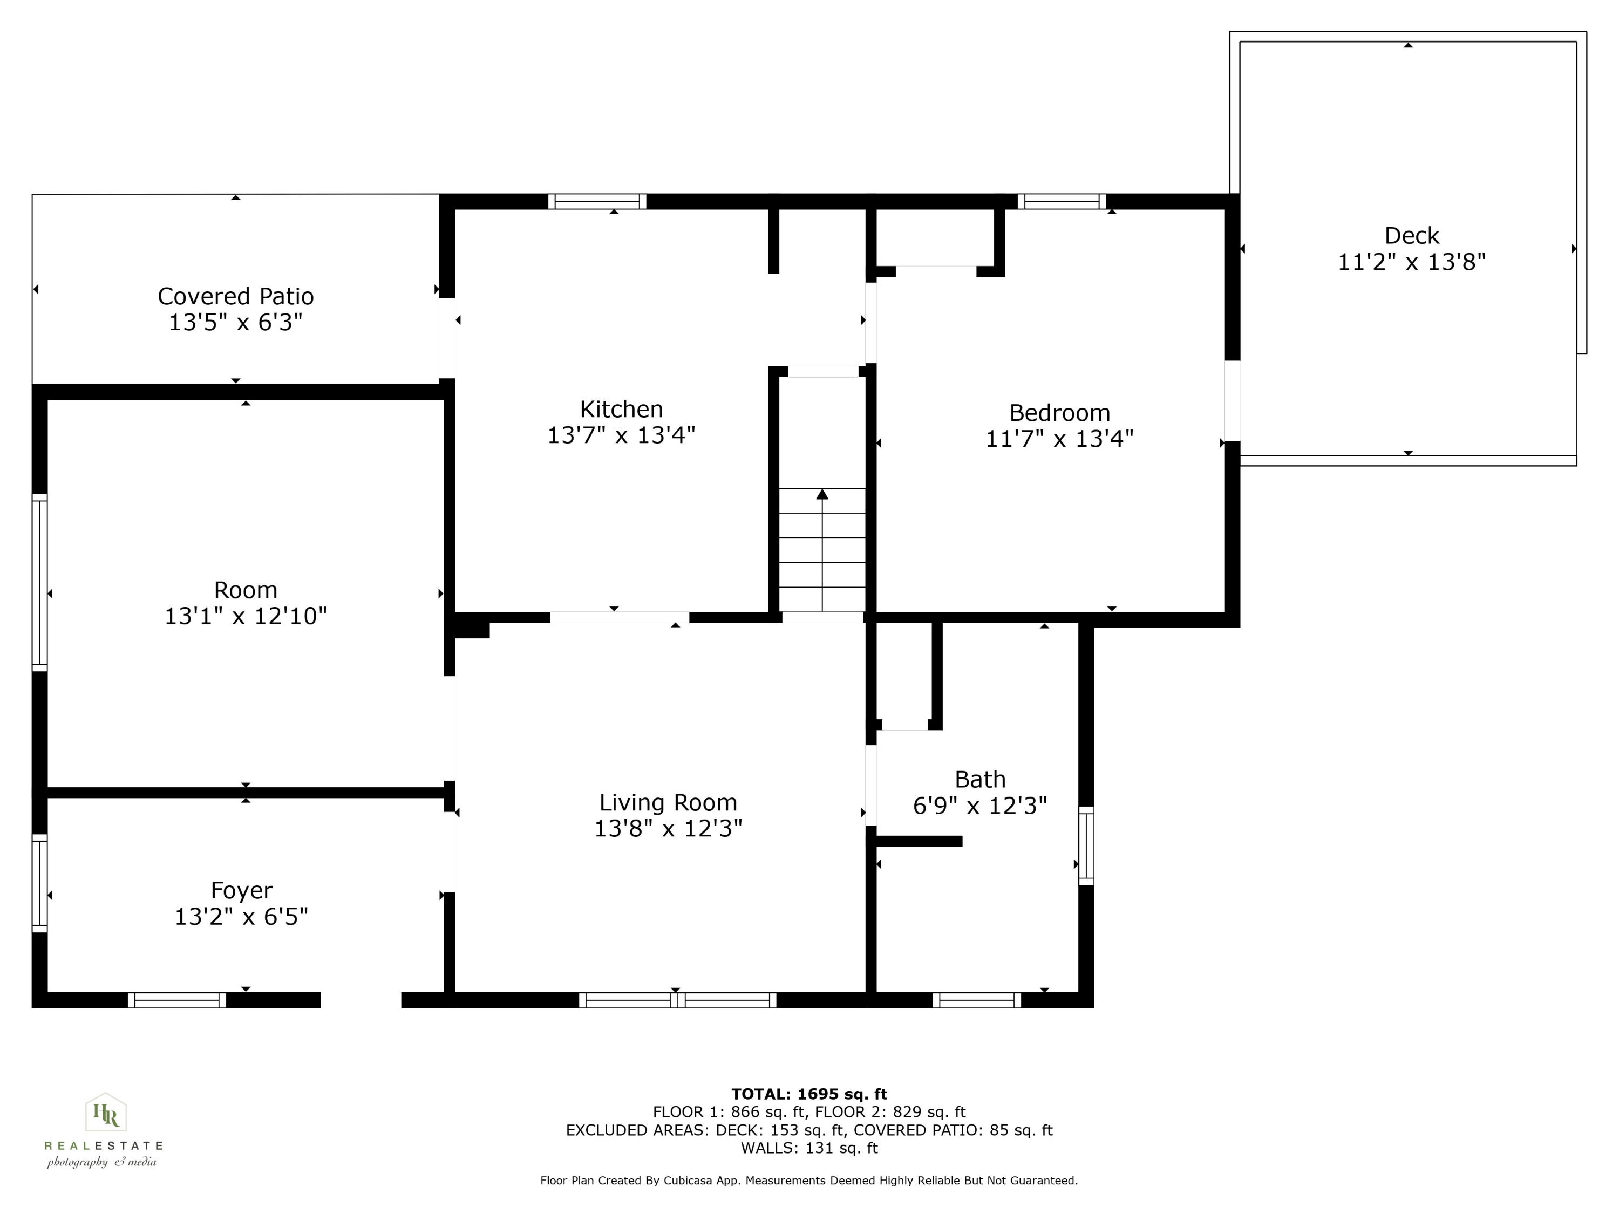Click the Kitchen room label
621,408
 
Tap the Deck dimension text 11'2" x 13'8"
1411,262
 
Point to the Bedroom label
1059,412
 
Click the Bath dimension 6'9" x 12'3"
979,806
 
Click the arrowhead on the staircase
822,495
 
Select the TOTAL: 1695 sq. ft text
809,1094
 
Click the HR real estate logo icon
106,1115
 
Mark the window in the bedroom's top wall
1062,201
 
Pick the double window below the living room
677,1000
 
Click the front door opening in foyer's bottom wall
361,1000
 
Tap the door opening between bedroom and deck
1232,400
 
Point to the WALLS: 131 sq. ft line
809,1148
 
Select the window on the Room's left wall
39,583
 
